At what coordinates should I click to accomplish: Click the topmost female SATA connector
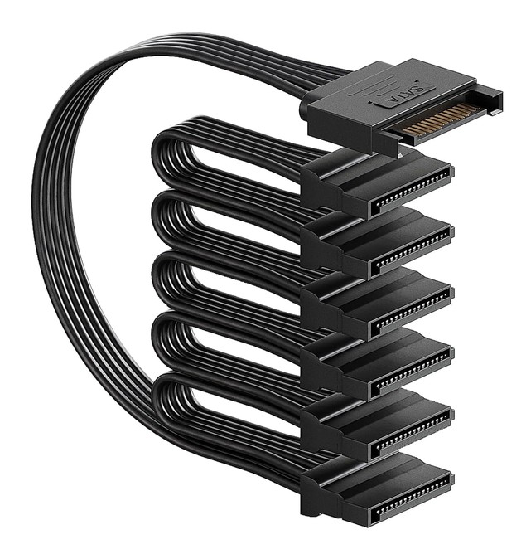(377, 182)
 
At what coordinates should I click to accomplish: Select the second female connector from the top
(377, 243)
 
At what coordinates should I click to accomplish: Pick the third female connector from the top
(377, 304)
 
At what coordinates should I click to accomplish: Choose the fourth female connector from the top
(377, 364)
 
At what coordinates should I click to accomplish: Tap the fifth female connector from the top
(377, 425)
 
